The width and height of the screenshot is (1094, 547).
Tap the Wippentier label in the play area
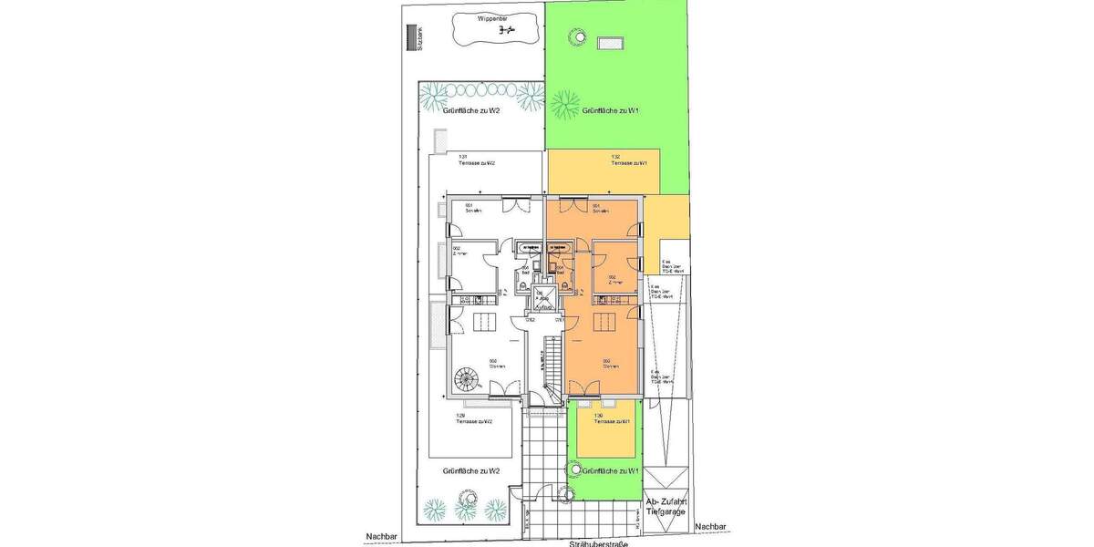click(494, 16)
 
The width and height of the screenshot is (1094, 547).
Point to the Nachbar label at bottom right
click(709, 527)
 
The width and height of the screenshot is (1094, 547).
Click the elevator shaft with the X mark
click(544, 299)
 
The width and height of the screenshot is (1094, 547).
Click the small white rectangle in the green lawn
click(609, 42)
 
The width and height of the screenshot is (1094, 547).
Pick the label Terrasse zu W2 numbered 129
click(474, 419)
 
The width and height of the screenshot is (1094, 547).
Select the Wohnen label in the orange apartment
click(610, 364)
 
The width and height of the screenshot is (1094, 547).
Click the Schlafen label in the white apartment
click(472, 209)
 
